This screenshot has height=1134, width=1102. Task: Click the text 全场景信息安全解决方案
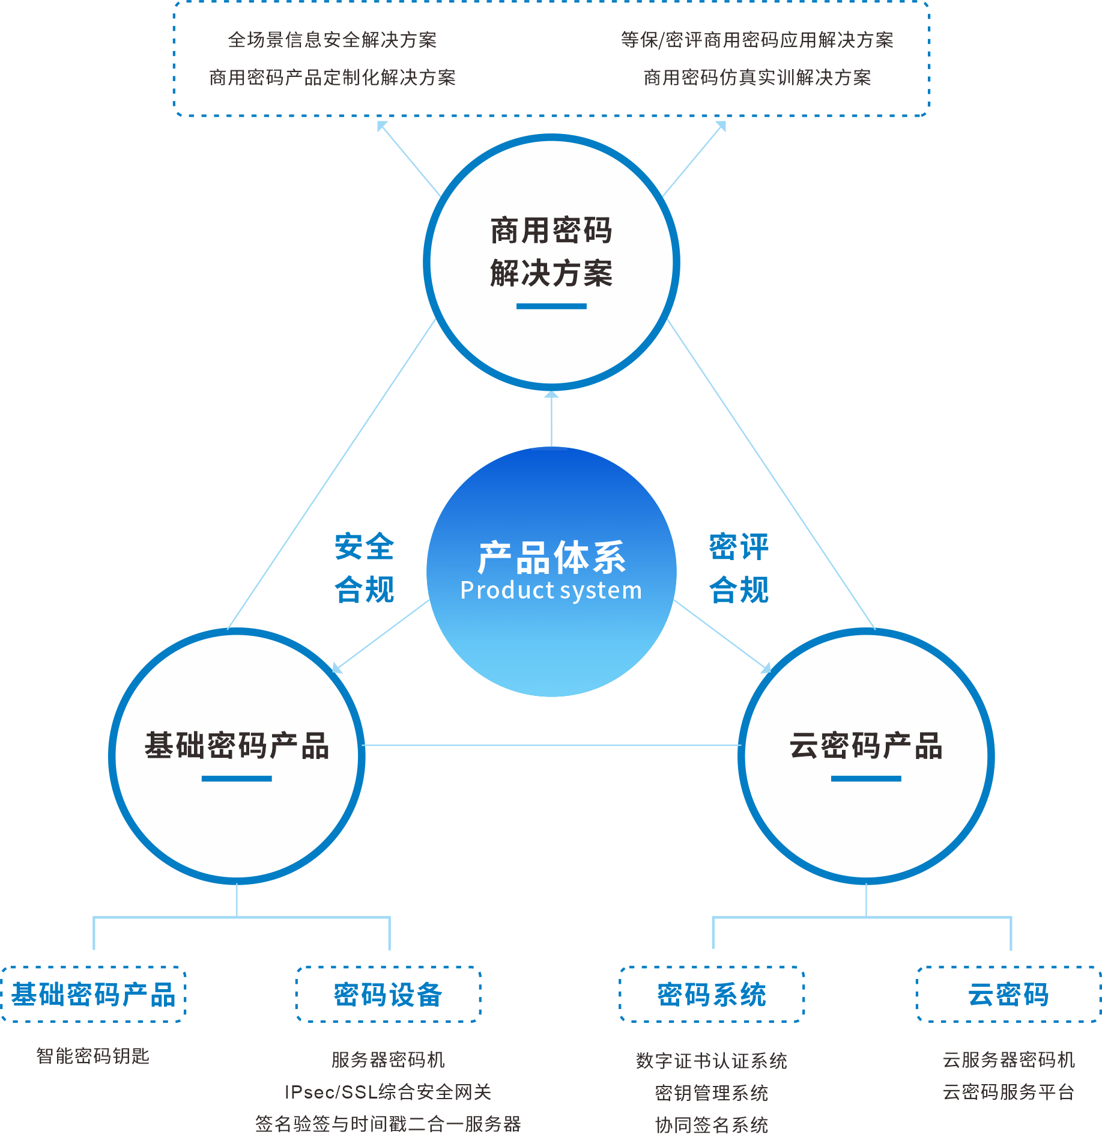(x=332, y=40)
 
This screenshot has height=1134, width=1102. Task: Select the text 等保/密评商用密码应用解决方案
(x=757, y=40)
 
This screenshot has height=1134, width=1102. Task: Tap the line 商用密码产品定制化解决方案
(x=332, y=78)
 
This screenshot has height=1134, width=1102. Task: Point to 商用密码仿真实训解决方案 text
(x=757, y=78)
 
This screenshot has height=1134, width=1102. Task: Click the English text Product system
(x=551, y=590)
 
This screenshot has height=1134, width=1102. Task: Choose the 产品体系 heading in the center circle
(x=551, y=557)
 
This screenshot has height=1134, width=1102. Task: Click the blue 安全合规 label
(x=364, y=568)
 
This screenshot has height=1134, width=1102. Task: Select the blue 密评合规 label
(x=739, y=568)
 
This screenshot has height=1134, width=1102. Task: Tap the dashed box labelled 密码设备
(x=388, y=995)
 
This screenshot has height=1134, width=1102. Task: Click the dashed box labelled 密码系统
(x=712, y=995)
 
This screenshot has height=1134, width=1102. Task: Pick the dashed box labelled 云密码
(x=1008, y=995)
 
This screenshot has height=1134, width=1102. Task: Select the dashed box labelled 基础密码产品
(x=93, y=995)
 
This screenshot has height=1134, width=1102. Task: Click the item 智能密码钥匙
(x=92, y=1056)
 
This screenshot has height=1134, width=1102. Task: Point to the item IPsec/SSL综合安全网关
(x=388, y=1091)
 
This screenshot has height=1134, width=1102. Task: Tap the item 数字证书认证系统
(x=712, y=1061)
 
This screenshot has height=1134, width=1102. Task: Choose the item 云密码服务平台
(x=1008, y=1091)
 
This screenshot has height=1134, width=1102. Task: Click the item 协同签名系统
(x=712, y=1124)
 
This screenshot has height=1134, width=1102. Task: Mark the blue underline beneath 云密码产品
(x=866, y=779)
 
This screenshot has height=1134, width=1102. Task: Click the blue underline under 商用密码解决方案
(x=551, y=306)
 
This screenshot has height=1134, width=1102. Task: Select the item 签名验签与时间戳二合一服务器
(x=388, y=1124)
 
